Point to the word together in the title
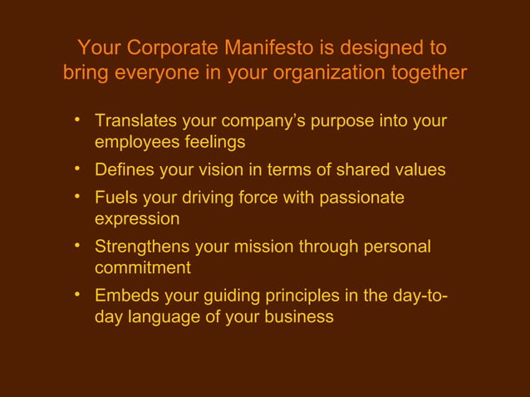click(426, 73)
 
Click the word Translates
click(135, 122)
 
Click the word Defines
click(125, 170)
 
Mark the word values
click(418, 170)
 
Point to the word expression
click(137, 219)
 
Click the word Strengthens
click(142, 247)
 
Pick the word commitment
click(142, 268)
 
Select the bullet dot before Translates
click(76, 121)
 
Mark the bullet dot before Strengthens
click(76, 246)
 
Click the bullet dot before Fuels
click(76, 197)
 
